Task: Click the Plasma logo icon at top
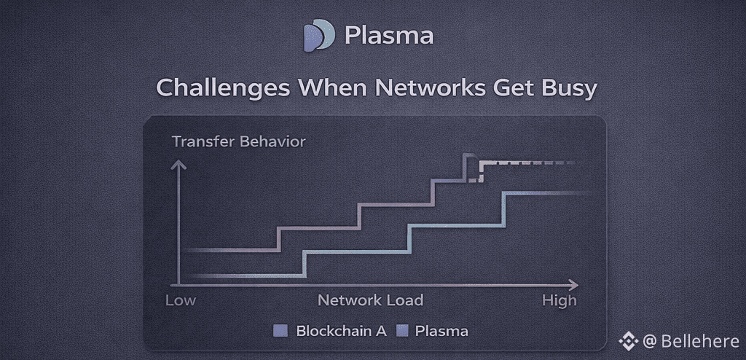point(319,35)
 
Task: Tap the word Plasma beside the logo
point(389,35)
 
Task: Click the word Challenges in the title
point(223,89)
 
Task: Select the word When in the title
point(331,88)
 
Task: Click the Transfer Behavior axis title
point(239,141)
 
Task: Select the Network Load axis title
point(370,300)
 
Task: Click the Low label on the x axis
point(181,300)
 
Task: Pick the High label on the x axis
point(559,301)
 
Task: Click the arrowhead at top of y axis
point(178,165)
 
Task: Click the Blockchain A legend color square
point(280,331)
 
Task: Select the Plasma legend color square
point(402,331)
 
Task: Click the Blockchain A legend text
point(341,331)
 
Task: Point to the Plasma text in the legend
point(441,331)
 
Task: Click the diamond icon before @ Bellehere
point(628,341)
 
